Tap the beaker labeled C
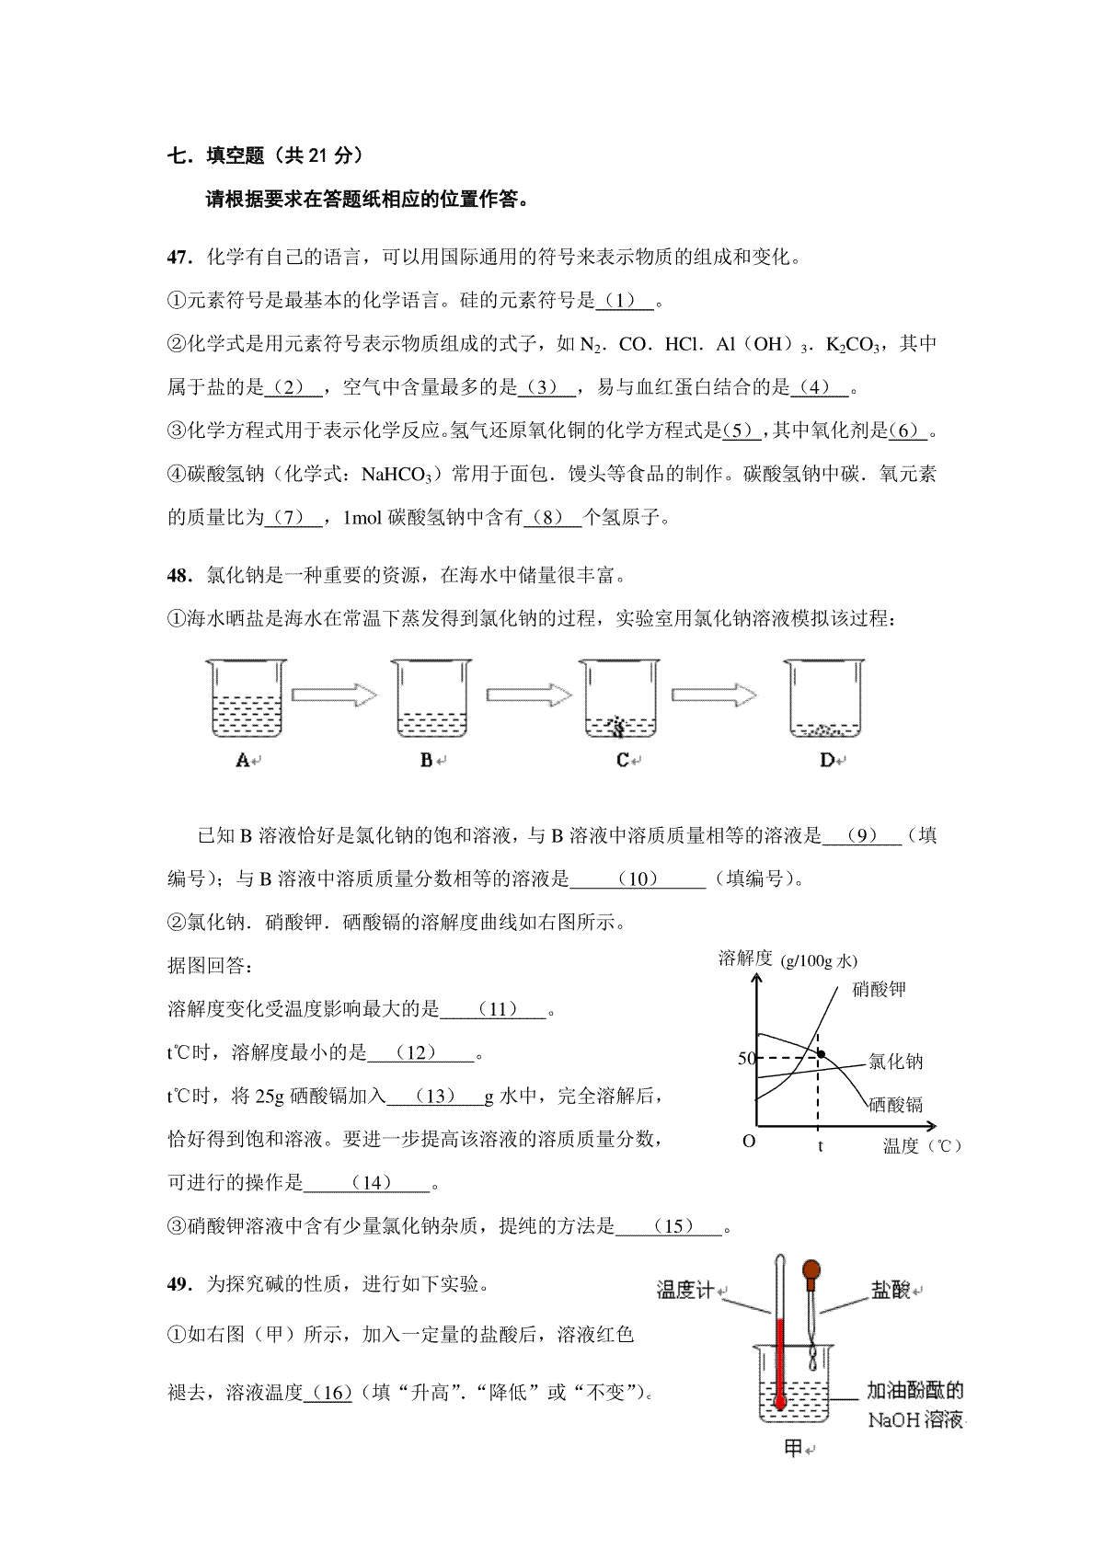click(621, 698)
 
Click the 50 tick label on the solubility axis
click(746, 1059)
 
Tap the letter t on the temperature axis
click(819, 1146)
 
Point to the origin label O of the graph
click(748, 1141)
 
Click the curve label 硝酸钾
click(879, 990)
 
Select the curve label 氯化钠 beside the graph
click(895, 1062)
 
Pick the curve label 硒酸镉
click(895, 1104)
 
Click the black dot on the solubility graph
click(822, 1053)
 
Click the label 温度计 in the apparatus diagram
click(684, 1291)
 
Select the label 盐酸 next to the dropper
click(890, 1291)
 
